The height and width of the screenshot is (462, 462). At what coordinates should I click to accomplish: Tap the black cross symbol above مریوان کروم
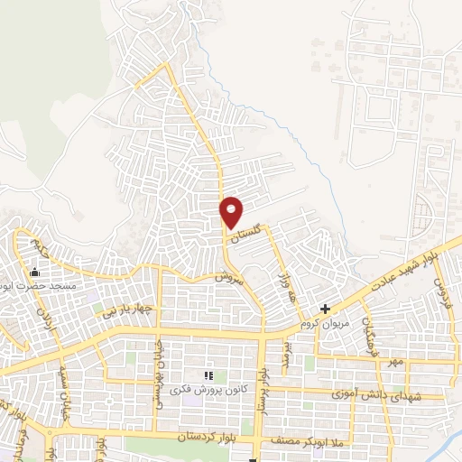[325, 309]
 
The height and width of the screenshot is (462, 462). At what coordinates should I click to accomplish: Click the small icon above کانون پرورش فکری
[208, 375]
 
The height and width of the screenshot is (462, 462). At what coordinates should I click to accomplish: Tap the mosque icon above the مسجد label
[36, 273]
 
